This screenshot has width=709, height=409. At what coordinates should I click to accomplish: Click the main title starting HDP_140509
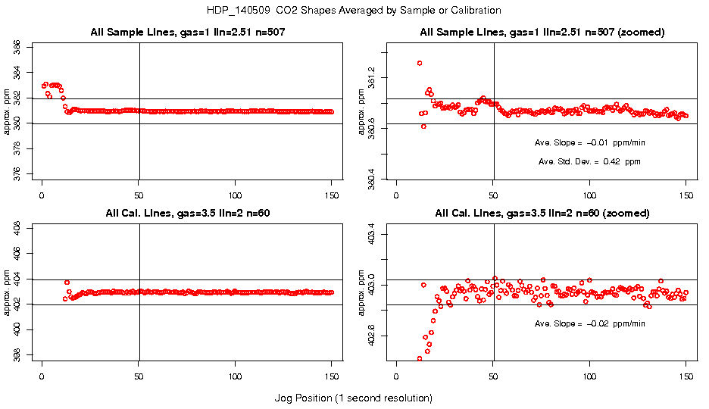coord(354,11)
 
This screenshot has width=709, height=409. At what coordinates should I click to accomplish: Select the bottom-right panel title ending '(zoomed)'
coord(542,214)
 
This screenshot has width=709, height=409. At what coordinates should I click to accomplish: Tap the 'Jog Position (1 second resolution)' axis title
coord(353,398)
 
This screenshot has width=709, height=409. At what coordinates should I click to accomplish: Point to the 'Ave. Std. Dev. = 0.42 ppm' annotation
coord(589,161)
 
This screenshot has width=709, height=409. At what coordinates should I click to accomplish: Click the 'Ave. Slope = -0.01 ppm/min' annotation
coord(590,142)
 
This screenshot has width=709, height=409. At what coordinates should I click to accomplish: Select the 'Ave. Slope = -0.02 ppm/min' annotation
coord(590,323)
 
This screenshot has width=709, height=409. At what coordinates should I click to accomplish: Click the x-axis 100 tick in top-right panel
coord(590,194)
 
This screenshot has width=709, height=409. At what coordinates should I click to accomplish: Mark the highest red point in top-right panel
coord(420,63)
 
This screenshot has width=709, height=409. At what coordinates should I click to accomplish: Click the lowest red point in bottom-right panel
coord(420,358)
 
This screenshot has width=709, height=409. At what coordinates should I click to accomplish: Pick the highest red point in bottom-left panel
coord(67,283)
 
